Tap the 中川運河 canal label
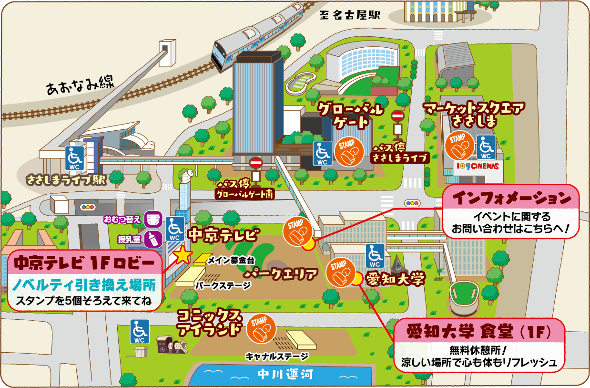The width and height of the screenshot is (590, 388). tap(285, 374)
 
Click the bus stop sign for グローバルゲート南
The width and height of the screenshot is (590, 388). tap(256, 169)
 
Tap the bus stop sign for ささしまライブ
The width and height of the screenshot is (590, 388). tap(397, 122)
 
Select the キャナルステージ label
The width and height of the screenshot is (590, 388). tap(277, 356)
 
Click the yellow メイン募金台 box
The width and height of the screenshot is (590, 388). tap(200, 259)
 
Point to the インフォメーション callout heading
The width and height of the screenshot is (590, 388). tap(511, 197)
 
